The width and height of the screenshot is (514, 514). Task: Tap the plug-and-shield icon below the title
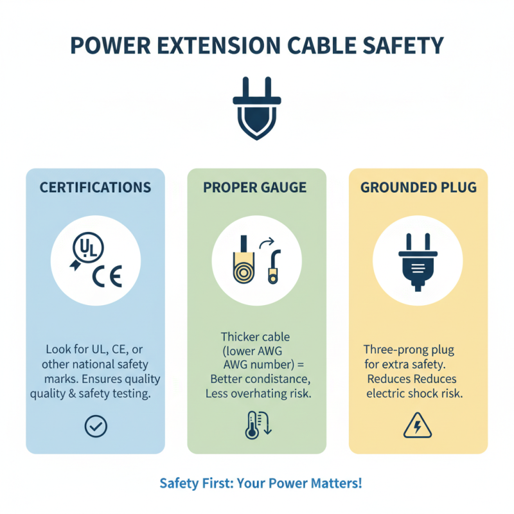(256, 107)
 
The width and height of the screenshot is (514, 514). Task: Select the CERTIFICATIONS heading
(95, 188)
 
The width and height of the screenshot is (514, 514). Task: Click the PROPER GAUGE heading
(255, 188)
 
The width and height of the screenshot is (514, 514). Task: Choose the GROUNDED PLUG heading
(418, 188)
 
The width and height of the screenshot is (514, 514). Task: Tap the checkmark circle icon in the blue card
(96, 425)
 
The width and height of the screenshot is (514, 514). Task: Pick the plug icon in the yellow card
(418, 262)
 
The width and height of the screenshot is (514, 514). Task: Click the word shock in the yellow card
(418, 393)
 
